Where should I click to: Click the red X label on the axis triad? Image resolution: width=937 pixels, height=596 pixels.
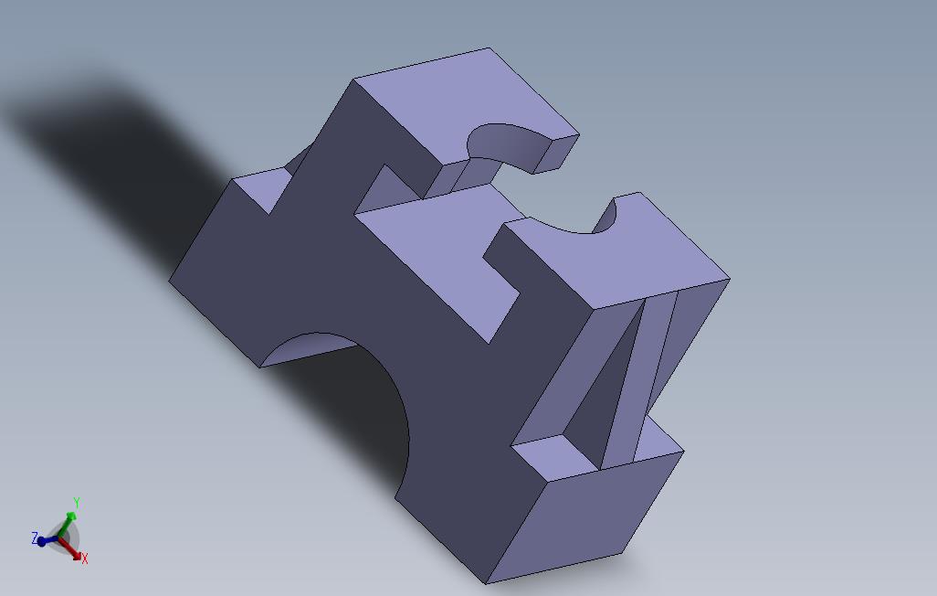85,558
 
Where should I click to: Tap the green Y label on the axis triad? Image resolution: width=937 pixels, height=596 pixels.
77,503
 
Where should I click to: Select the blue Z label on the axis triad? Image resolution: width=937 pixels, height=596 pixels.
35,538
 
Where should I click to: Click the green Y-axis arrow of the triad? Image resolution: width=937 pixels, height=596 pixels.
70,521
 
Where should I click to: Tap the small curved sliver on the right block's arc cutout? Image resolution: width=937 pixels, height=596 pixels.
605,219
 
